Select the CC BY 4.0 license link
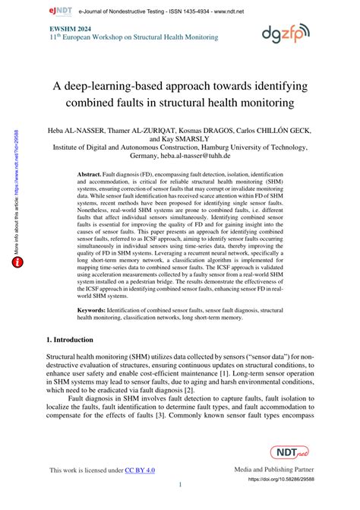[x=140, y=471]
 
